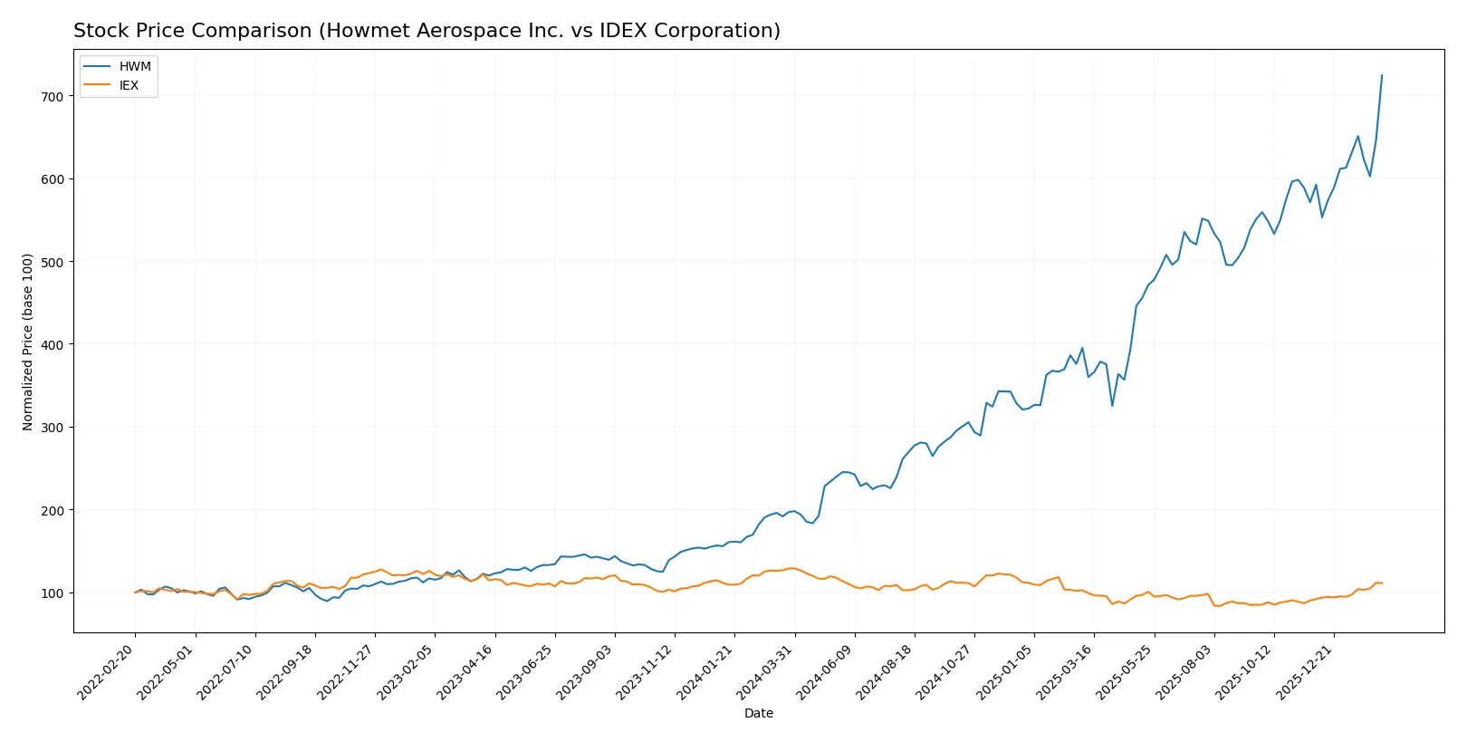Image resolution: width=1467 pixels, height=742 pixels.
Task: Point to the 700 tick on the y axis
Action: point(53,96)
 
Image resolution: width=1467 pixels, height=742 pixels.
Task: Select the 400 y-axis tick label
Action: point(53,344)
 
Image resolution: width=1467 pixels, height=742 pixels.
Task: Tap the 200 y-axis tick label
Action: point(53,510)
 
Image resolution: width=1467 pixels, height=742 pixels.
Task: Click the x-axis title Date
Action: point(758,713)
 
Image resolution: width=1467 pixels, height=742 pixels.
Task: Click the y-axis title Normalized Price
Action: point(27,342)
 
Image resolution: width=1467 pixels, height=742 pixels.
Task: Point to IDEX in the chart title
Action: point(618,31)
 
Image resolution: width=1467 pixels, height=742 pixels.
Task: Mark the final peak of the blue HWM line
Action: point(1382,75)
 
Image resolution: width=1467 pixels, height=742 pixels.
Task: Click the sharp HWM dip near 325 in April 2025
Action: point(1112,405)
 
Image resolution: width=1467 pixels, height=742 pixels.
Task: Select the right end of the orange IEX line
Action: point(1382,583)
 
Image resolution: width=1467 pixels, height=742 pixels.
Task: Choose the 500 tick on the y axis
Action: point(53,262)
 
